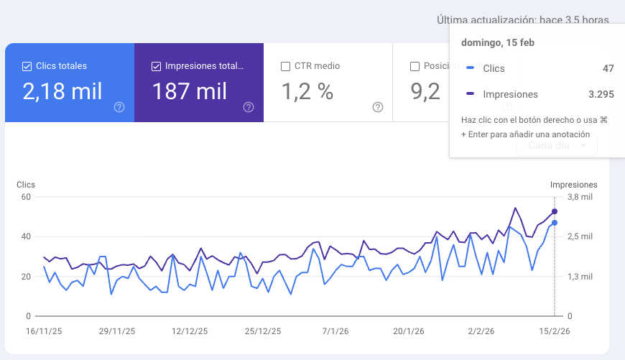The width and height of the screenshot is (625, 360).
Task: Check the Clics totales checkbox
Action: [x=27, y=66]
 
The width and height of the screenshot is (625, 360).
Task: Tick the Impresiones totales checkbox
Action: [x=156, y=66]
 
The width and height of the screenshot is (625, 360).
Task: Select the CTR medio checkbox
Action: [x=285, y=66]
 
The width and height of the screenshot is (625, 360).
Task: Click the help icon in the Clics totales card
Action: [x=119, y=107]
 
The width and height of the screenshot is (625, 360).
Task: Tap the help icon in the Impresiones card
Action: [x=249, y=107]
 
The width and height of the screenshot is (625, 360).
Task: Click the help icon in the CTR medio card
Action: [x=378, y=107]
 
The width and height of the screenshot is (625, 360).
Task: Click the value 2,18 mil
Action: [x=62, y=91]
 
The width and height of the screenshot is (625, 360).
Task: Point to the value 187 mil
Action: [x=190, y=91]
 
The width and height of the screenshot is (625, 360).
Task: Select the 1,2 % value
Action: [x=307, y=91]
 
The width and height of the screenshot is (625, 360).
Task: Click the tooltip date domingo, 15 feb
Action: [x=497, y=42]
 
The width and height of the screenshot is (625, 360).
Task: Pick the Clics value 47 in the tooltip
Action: [x=608, y=68]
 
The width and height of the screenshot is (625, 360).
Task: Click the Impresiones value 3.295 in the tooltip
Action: [x=601, y=94]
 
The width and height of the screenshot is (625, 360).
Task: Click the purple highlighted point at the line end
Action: [x=555, y=211]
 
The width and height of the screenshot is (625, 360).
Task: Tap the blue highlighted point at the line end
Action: [x=555, y=223]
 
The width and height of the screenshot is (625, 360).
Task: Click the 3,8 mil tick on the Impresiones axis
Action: [x=580, y=197]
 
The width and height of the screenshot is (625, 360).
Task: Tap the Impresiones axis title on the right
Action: [x=573, y=185]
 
